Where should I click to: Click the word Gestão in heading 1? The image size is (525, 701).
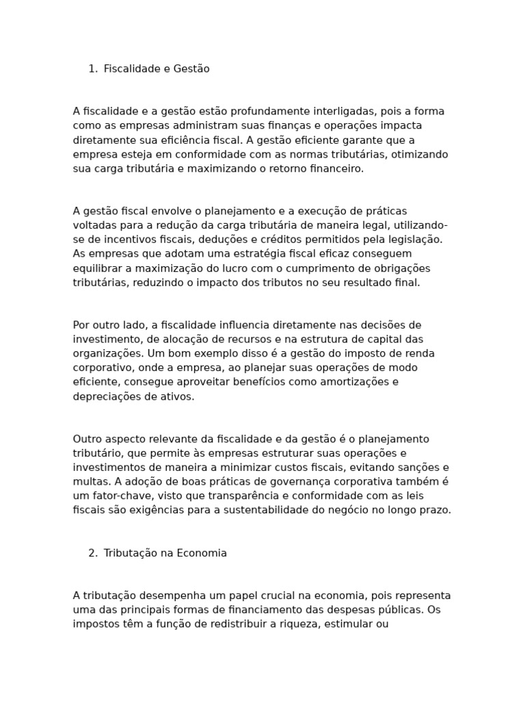192,69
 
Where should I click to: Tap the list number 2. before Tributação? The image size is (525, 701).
93,553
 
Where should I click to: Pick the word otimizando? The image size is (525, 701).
421,155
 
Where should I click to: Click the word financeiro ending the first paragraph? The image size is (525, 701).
337,169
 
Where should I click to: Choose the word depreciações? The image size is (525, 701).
105,396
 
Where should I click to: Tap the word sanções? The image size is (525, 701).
416,468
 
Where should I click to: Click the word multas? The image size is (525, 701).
89,482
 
